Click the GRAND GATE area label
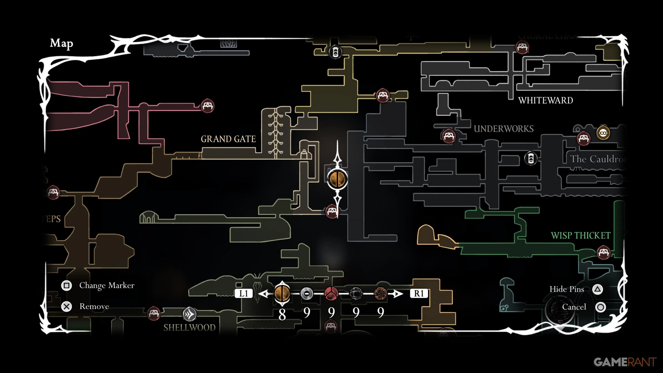tap(228, 139)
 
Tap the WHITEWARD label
tap(545, 100)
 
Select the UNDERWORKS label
tap(503, 129)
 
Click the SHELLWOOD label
tap(189, 327)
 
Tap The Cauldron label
tap(597, 159)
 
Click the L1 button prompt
tap(243, 293)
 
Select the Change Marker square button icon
tap(66, 285)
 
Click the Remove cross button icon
tap(66, 307)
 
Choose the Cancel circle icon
tap(600, 307)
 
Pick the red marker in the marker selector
tap(331, 293)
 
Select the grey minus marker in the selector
tap(306, 293)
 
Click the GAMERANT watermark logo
tap(625, 362)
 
